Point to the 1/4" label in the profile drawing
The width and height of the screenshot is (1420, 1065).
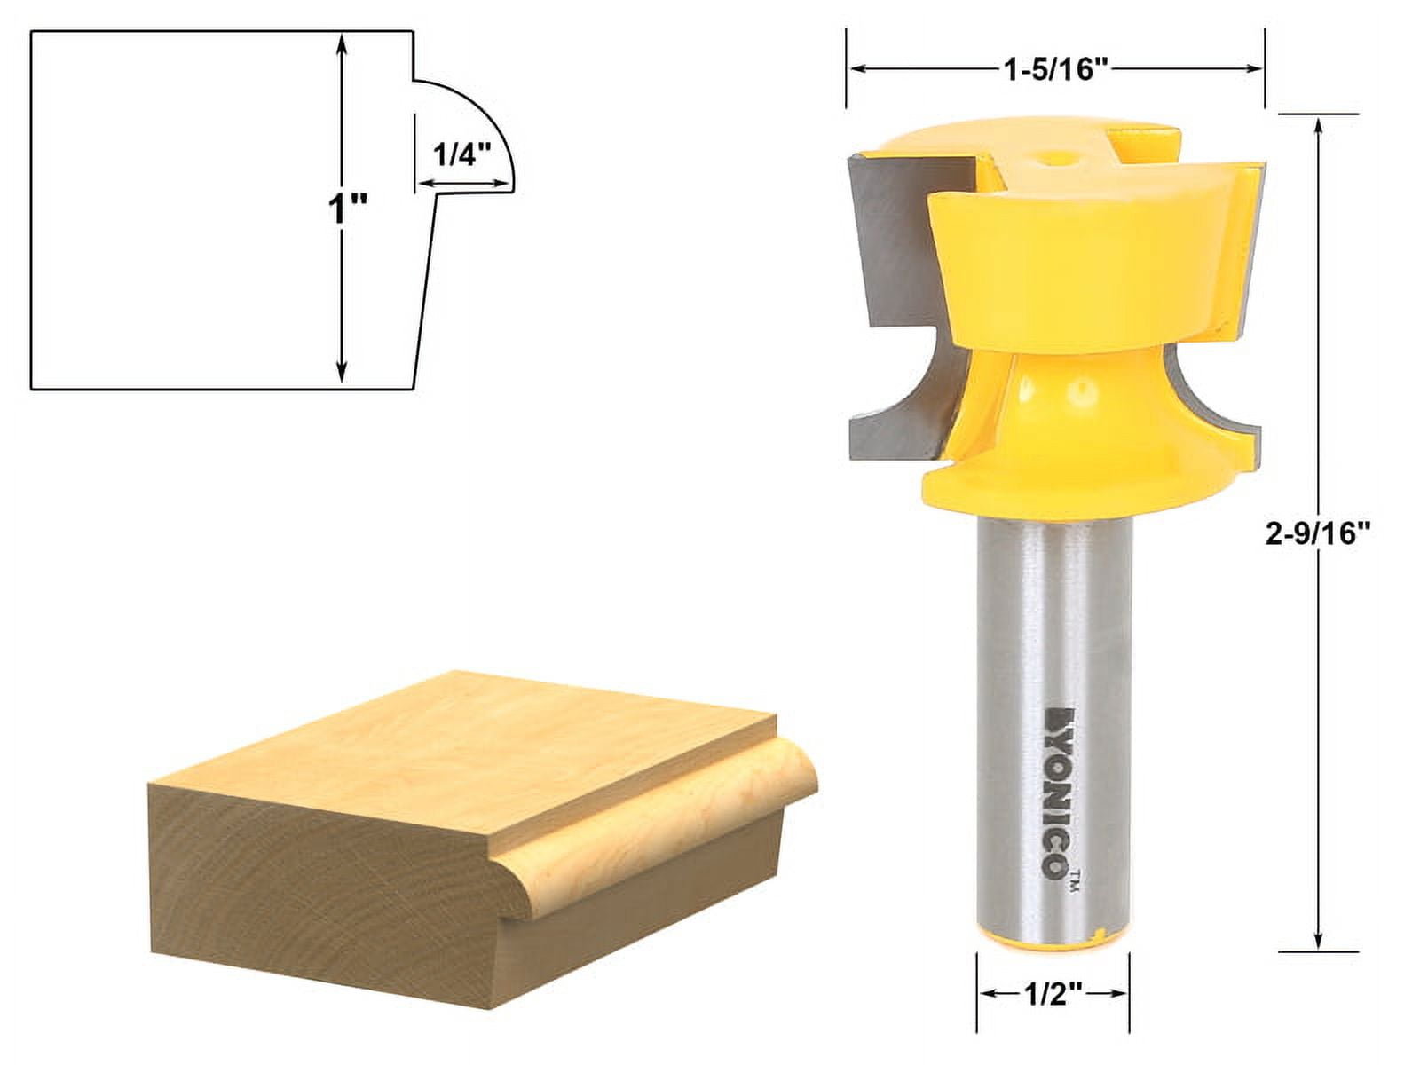coord(461,154)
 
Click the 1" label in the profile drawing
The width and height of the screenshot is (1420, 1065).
coord(347,211)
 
